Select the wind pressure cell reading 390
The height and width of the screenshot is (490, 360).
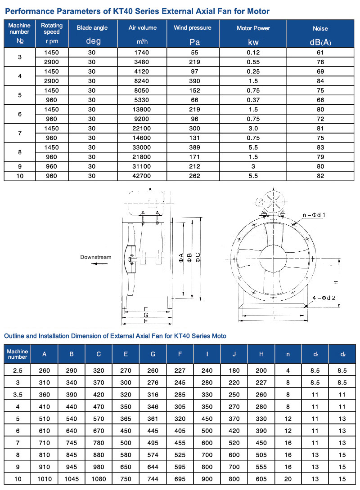click(192, 81)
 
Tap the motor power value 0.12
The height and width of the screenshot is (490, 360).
click(253, 52)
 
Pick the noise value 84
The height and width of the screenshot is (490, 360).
click(320, 81)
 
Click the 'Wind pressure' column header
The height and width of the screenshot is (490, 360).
click(192, 28)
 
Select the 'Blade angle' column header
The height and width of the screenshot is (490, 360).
click(92, 28)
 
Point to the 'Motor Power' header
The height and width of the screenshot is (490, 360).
click(253, 28)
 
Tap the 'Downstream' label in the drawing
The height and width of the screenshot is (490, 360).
click(95, 257)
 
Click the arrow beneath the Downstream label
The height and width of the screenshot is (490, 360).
click(100, 264)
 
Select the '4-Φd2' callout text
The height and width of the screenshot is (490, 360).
click(324, 298)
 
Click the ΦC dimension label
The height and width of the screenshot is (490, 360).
click(198, 258)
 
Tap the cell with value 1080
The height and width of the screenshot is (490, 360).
click(99, 479)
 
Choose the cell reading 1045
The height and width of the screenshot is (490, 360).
click(72, 479)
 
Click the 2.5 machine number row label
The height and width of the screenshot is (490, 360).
click(18, 370)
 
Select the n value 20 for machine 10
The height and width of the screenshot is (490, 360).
click(288, 479)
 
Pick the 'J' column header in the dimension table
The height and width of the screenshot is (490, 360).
click(234, 354)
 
